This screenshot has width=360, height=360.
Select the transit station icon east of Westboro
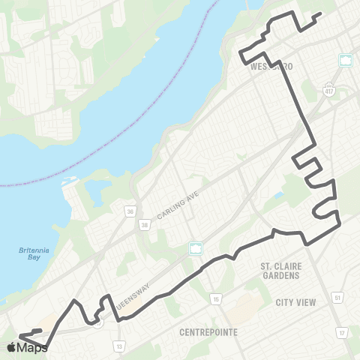(x=346, y=60)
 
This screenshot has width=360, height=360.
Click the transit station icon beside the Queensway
(x=196, y=249)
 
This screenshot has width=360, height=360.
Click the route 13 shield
(x=119, y=346)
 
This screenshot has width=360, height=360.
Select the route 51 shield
(x=337, y=298)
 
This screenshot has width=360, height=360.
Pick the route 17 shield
(x=343, y=332)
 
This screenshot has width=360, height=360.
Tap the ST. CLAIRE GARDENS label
(x=280, y=270)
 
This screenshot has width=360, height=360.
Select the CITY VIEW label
(x=296, y=301)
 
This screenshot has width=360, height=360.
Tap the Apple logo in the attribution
(x=11, y=347)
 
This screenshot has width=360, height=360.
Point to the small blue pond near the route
(x=279, y=196)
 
